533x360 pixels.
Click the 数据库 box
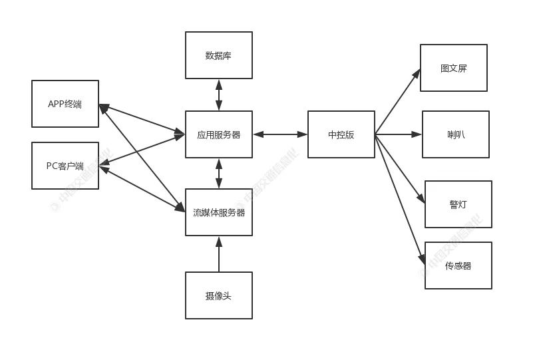218,55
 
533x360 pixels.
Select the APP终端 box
65,104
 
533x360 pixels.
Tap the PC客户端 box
65,166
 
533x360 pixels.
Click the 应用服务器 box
218,134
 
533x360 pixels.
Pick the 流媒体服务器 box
218,212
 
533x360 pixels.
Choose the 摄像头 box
218,295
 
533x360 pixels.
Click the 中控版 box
341,134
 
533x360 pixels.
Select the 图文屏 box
453,68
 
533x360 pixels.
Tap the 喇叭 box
455,134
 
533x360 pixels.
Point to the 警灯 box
458,204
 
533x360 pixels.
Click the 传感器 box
458,266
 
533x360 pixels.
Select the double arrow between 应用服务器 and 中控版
279,134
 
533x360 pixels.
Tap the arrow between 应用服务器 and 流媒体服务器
218,173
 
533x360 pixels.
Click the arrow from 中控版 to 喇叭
398,134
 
